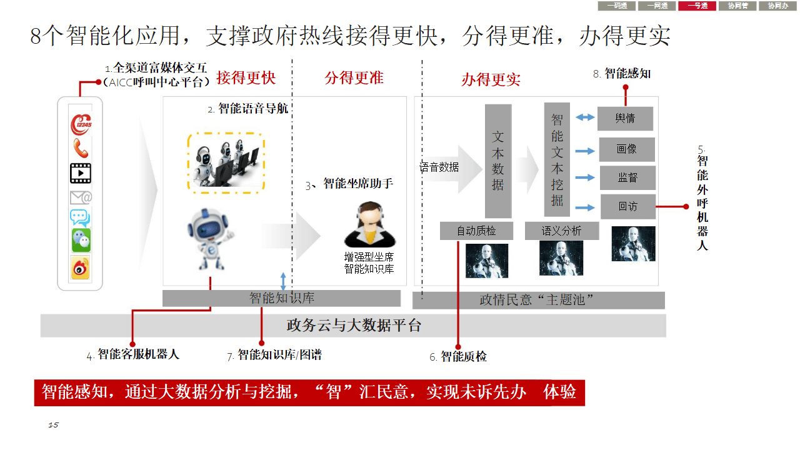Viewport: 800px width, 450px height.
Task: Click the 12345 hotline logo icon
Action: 81,124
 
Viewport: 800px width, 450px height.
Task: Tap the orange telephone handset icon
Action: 81,148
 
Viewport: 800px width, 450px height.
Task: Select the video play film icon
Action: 81,172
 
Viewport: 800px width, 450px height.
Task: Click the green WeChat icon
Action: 81,240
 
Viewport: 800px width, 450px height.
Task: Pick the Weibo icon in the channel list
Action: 81,267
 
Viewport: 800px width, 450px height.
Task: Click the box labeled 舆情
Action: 625,119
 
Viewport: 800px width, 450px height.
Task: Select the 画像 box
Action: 627,150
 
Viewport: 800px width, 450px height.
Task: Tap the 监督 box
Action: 627,177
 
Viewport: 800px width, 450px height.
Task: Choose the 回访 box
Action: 627,206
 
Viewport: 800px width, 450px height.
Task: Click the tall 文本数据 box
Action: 498,161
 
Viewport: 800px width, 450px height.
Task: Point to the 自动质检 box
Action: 476,231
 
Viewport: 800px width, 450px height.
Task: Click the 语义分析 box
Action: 561,231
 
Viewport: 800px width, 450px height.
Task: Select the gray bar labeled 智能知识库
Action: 281,298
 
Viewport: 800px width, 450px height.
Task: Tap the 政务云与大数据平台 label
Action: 354,326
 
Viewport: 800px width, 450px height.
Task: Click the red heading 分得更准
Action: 354,78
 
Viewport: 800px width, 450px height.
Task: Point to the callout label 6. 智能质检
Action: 458,357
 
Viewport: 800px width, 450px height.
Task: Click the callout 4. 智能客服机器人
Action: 133,354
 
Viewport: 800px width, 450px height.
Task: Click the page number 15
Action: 53,425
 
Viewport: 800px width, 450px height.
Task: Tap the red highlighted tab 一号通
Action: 697,6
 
